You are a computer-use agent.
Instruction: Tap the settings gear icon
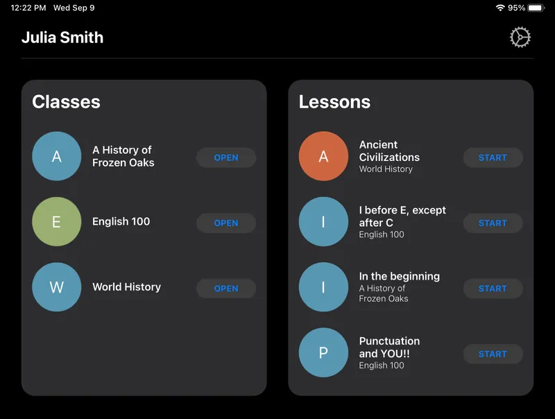[520, 37]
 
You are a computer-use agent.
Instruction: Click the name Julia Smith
[62, 37]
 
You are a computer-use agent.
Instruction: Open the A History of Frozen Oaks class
[226, 157]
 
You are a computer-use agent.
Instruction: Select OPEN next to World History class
[226, 289]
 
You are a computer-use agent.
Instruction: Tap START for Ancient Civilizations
[493, 157]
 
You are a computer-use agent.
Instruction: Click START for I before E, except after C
[493, 223]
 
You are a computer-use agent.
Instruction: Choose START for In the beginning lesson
[493, 289]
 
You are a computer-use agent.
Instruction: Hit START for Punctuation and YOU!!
[493, 354]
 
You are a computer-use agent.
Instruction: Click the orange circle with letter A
[323, 156]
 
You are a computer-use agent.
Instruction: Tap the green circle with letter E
[57, 222]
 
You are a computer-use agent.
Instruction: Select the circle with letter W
[57, 287]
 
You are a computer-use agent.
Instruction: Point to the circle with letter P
[323, 352]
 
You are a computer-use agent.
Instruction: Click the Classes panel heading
[67, 102]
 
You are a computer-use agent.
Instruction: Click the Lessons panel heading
[334, 102]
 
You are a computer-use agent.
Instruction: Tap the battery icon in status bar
[536, 8]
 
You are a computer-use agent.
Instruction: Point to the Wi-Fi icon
[500, 8]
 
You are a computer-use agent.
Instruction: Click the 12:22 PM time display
[28, 8]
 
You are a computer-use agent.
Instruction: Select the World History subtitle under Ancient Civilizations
[386, 169]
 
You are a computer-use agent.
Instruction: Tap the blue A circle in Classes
[57, 156]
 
